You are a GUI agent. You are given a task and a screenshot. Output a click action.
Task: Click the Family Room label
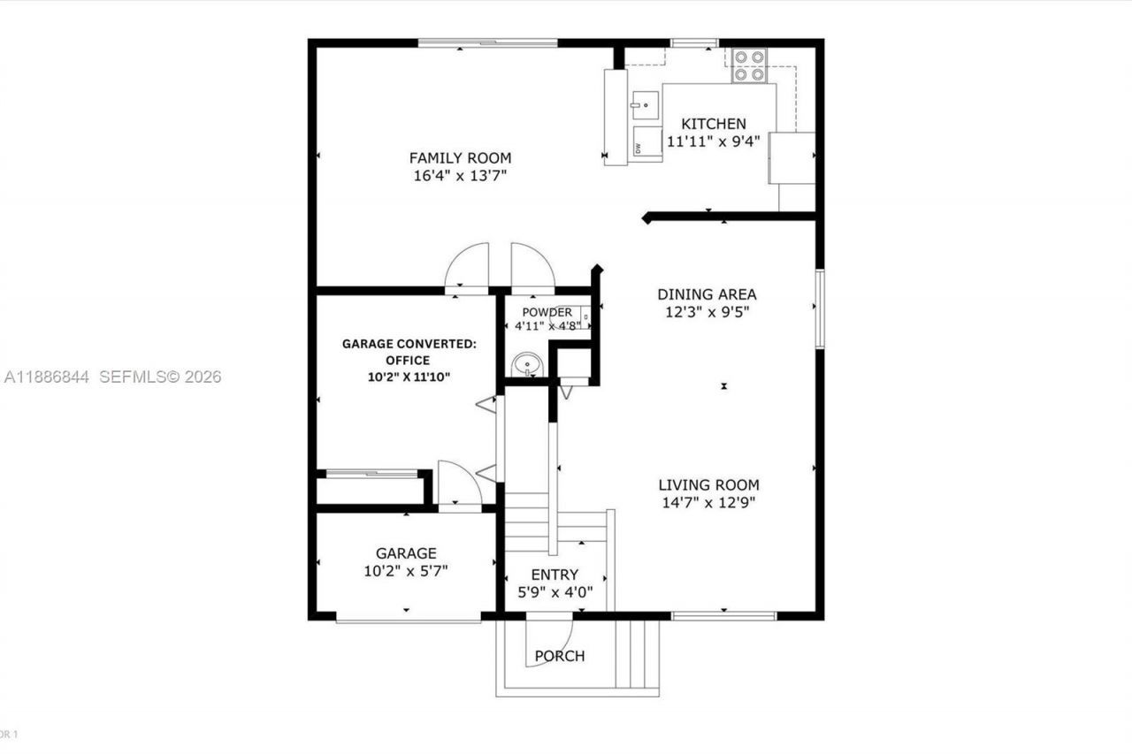[460, 158]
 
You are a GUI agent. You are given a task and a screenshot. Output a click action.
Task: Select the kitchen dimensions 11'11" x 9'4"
[713, 141]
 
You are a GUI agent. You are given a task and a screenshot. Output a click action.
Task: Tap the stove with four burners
[748, 65]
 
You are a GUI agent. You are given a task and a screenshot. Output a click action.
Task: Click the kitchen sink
[646, 105]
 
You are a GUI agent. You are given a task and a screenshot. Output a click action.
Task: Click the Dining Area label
[707, 294]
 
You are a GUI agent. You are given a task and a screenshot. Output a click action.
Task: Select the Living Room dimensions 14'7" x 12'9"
[707, 502]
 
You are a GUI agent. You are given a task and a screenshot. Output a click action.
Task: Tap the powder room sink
[528, 363]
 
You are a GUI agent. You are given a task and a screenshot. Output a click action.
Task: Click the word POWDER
[547, 312]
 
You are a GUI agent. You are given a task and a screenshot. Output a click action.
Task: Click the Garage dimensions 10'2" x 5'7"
[406, 571]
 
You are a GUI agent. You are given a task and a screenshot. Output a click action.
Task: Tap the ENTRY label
[555, 575]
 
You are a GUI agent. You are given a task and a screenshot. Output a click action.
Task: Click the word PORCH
[559, 656]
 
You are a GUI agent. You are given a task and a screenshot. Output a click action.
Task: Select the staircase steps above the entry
[527, 517]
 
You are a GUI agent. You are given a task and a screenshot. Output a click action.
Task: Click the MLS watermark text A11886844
[47, 377]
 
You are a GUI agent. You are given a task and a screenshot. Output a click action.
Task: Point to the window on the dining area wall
[820, 308]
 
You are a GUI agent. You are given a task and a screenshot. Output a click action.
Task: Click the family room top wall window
[487, 42]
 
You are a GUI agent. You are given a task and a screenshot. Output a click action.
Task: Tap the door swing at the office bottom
[459, 486]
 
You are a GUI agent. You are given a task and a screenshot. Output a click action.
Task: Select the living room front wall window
[723, 615]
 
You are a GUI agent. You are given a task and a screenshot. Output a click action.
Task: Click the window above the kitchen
[694, 42]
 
